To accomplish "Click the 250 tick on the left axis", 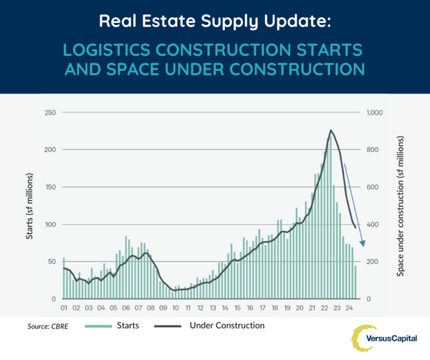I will [50, 113].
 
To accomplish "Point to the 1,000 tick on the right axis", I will [376, 113].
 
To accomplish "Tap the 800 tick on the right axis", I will [373, 150].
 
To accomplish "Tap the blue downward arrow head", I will [362, 245].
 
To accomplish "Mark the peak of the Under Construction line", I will [330, 131].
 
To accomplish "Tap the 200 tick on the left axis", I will [50, 150].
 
